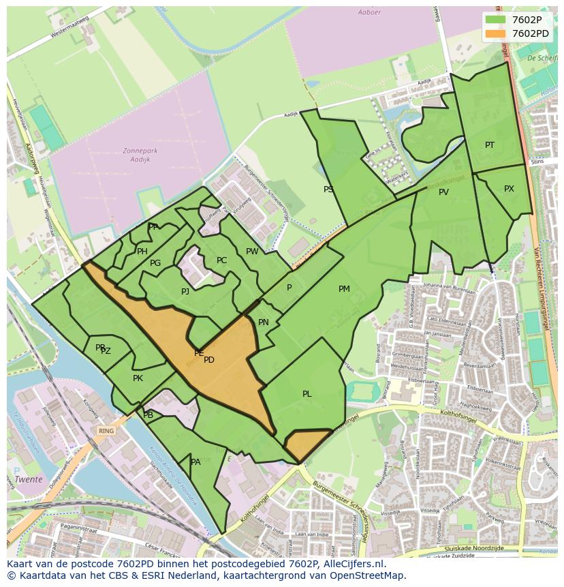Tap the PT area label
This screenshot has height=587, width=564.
point(490,145)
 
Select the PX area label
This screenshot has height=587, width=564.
point(509,189)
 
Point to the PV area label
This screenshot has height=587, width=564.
point(443,192)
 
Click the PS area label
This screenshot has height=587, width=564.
point(328,190)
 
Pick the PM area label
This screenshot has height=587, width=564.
point(344,289)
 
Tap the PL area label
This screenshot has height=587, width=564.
point(307,394)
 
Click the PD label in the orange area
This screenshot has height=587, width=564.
point(209,360)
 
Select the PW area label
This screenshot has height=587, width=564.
point(252,252)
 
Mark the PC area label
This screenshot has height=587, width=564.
point(221,260)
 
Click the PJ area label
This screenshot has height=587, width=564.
point(185,292)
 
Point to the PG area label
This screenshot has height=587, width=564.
point(155,263)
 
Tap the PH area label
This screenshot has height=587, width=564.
point(142,252)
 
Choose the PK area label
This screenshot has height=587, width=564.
point(138,378)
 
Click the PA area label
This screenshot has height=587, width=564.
point(195,462)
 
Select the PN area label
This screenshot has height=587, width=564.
point(264,322)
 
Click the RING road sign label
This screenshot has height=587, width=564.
point(106,431)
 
